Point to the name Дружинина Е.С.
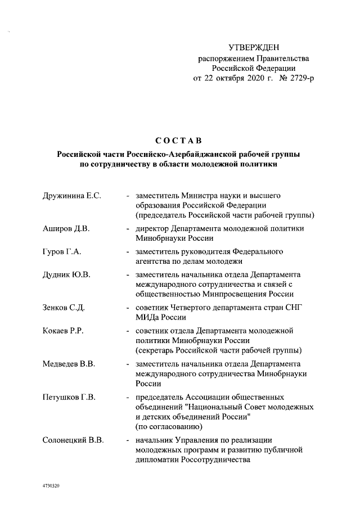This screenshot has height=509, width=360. [x=71, y=195]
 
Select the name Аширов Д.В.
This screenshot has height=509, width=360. [x=62, y=229]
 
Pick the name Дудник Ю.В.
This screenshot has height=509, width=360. [x=66, y=274]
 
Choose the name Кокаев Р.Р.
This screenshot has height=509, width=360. [x=63, y=331]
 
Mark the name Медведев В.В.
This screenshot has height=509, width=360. [x=69, y=364]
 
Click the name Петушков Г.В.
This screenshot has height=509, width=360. [x=69, y=398]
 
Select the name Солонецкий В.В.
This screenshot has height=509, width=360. [x=73, y=440]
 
